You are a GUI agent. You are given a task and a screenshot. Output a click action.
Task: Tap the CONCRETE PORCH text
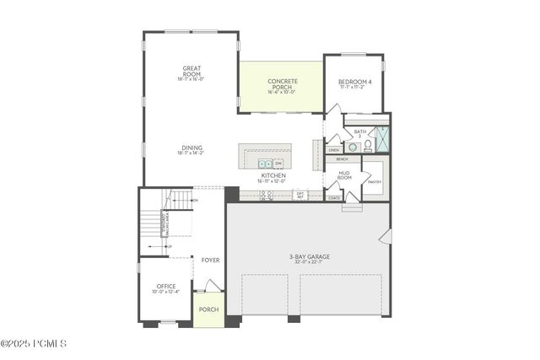pos(283,84)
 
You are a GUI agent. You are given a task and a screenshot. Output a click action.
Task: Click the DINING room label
pos(191,150)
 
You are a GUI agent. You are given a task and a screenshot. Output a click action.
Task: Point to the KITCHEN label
pos(273,177)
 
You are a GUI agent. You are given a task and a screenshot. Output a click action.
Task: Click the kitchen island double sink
pos(264,163)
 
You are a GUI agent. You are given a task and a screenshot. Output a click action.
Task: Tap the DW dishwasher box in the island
pos(278,163)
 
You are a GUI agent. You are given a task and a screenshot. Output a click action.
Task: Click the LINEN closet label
pos(333,150)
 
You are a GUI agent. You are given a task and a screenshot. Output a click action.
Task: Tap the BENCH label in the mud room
pos(342,159)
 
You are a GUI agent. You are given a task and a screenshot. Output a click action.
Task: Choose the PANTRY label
pos(375,181)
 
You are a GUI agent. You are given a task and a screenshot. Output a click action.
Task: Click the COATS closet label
pos(335,198)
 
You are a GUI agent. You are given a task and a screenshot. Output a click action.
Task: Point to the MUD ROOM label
pos(344,176)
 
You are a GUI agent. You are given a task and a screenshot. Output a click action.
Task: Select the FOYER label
pos(210,260)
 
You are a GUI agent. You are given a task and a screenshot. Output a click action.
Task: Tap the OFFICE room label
pos(165,288)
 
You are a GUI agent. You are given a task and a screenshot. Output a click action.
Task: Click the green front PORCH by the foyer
pos(208,309)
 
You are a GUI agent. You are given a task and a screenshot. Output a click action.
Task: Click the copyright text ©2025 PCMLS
pos(33,343)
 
